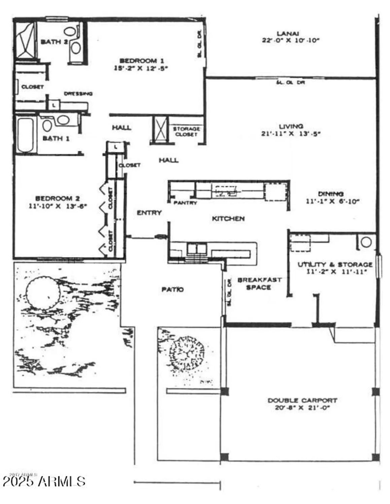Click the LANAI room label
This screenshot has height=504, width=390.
288,34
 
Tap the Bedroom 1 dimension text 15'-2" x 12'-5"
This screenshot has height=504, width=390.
141,68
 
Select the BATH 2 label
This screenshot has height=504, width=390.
54,42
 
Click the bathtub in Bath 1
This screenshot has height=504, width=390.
25,135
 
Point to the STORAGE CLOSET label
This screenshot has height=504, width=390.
186,131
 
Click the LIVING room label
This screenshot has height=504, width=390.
291,126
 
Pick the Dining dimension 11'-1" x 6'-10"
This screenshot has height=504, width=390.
332,201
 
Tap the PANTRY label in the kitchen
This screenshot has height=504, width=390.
185,203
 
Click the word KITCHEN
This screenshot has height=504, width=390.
228,219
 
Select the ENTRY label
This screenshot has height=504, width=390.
149,213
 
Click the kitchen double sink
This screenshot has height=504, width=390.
197,248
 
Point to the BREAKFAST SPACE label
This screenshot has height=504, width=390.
259,284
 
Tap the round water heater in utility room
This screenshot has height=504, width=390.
366,242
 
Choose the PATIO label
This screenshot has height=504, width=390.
173,289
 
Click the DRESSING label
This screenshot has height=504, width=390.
78,94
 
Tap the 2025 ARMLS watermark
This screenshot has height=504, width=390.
44,481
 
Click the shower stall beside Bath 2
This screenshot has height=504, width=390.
25,40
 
